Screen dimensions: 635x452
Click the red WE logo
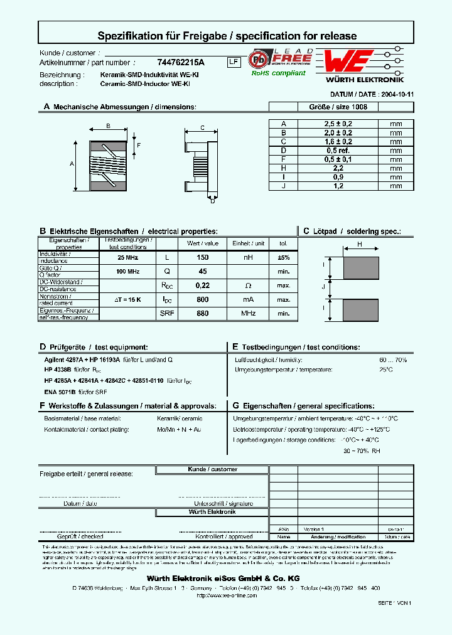tap(349, 62)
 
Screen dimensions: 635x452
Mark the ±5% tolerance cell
tap(283, 258)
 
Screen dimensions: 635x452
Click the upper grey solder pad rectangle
tap(360, 268)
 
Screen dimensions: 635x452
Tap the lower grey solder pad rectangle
tap(360, 311)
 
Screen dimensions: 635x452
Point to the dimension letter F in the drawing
tap(139, 146)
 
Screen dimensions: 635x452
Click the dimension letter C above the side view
tap(202, 128)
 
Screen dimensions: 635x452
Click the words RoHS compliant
tap(278, 73)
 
